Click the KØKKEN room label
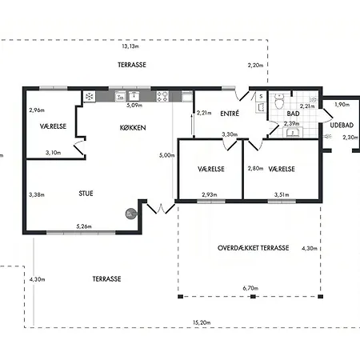pos(133,128)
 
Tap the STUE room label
pos(86,194)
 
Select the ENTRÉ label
pos(230,114)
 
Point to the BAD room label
pos(293,114)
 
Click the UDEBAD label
pos(342,125)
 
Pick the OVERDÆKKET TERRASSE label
pos(253,248)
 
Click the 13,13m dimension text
pos(130,46)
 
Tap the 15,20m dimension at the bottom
pos(202,322)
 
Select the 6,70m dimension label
pos(250,288)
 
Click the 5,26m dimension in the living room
pos(84,226)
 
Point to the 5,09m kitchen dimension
pos(134,106)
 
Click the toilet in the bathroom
pos(279,102)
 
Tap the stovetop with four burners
pos(162,97)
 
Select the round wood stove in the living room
pos(131,214)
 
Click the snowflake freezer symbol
pos(90,96)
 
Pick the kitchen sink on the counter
pos(134,96)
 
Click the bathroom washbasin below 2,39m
pos(293,132)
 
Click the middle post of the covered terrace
pos(253,296)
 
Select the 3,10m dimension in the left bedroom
pos(53,153)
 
